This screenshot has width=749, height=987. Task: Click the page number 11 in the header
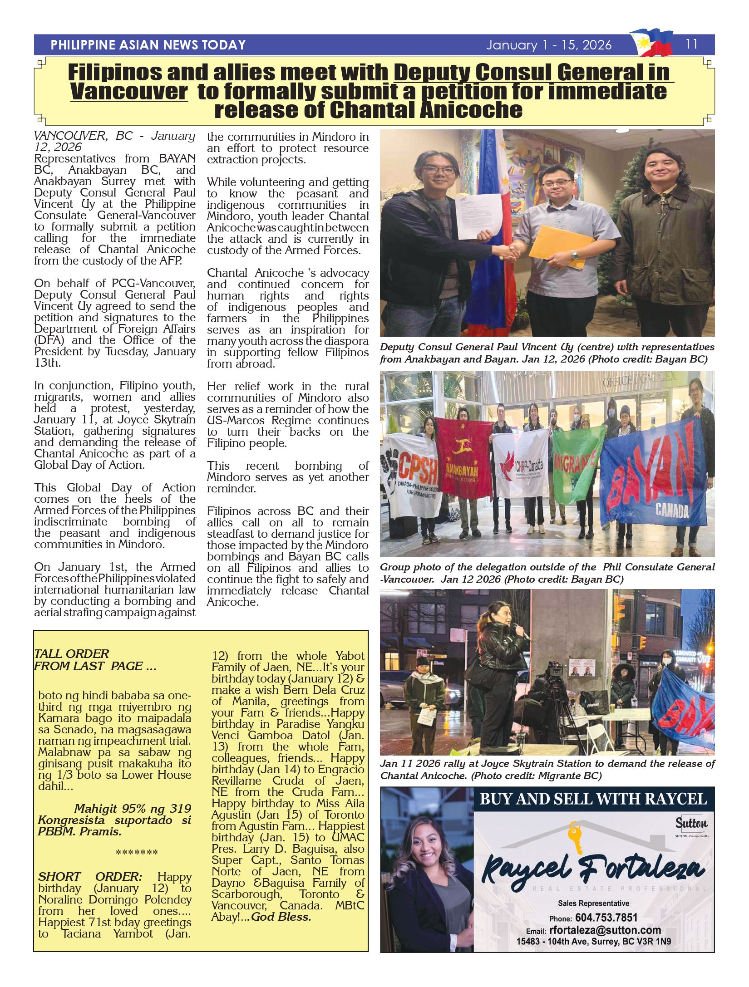[691, 44]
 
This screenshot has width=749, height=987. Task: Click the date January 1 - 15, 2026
[549, 45]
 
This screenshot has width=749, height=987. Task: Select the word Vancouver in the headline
[129, 91]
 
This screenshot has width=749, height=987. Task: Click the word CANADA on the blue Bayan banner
[672, 511]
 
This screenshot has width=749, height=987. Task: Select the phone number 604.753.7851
[606, 917]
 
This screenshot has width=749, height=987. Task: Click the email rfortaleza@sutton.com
[605, 930]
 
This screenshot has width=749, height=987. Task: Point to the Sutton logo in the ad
[691, 823]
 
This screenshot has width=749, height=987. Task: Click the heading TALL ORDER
[72, 654]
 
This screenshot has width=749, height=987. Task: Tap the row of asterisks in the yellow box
[137, 853]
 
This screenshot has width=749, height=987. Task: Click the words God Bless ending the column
[281, 917]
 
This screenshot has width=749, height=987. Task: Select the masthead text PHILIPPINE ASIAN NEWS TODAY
[148, 45]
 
